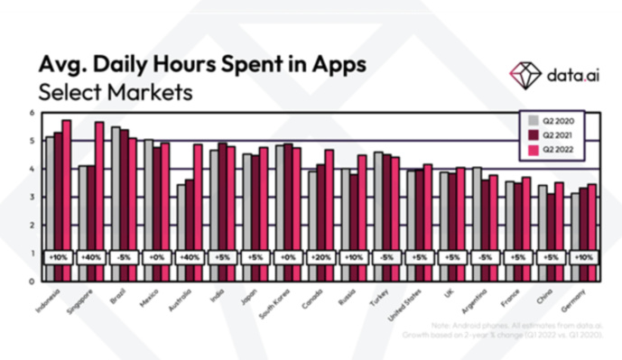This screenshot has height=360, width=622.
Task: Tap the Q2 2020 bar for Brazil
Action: pos(115,203)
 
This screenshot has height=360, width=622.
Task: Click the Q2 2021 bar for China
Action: pos(550,236)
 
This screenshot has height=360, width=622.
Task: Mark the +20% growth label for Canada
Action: pos(320,256)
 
